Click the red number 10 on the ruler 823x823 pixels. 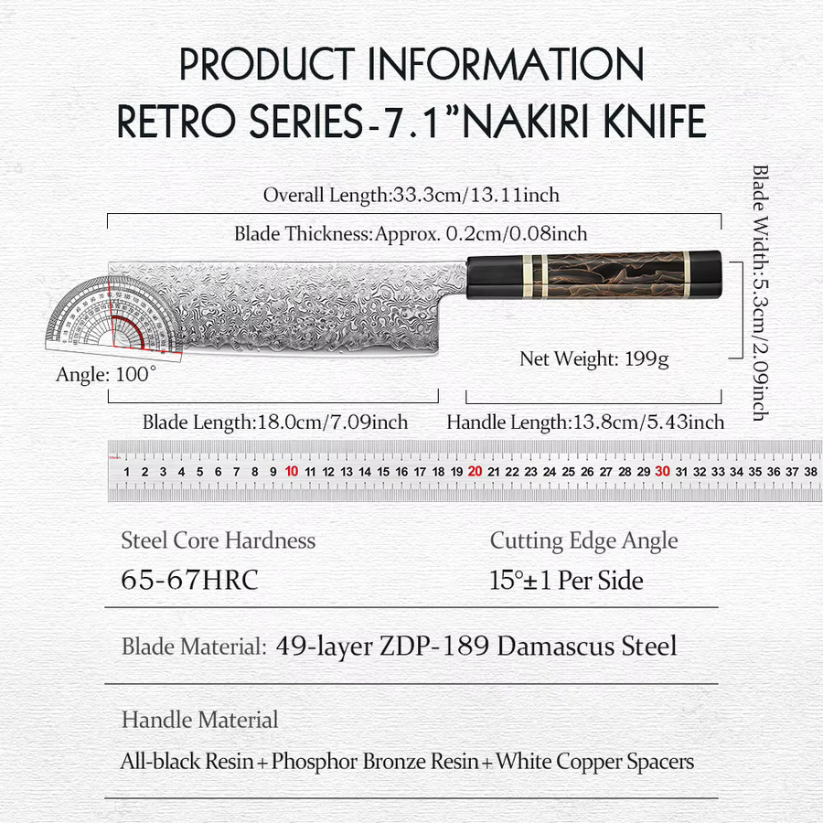[292, 471]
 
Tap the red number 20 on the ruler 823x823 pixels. [475, 471]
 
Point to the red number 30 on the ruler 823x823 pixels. [662, 471]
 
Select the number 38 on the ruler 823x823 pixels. [810, 472]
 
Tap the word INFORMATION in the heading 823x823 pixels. [506, 64]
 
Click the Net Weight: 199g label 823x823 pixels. [594, 359]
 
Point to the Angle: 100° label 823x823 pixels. [106, 374]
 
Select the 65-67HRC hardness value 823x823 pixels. [189, 580]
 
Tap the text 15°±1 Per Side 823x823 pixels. [566, 580]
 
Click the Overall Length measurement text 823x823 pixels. [411, 195]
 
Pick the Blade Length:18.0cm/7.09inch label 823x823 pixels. [275, 422]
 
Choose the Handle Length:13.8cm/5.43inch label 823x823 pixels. [585, 422]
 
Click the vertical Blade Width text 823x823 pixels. [760, 293]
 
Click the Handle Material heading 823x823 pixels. [200, 720]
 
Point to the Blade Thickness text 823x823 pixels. [411, 233]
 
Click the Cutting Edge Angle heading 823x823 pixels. [583, 541]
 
